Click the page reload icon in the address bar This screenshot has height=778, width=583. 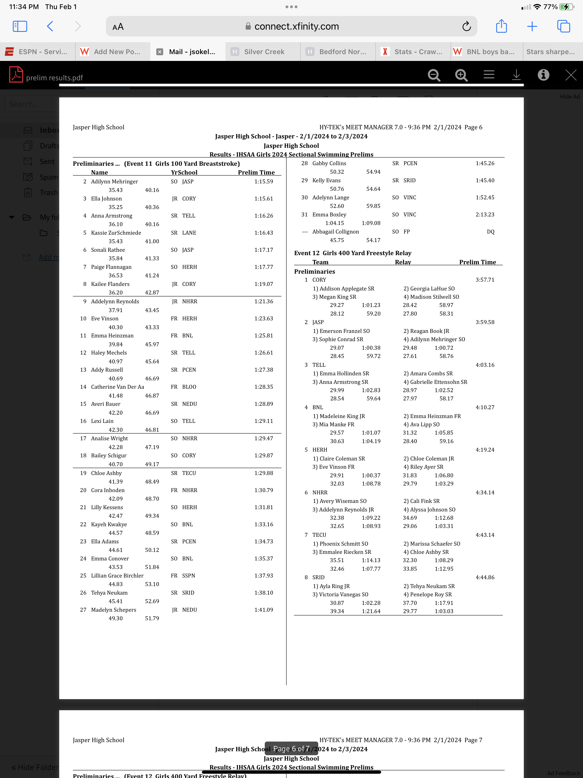pos(466,26)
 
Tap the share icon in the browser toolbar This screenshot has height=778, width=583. pos(501,26)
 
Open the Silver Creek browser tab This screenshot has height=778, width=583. pos(264,52)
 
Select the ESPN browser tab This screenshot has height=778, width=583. pos(37,52)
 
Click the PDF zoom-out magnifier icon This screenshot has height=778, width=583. pos(434,75)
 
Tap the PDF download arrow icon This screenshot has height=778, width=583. pos(516,75)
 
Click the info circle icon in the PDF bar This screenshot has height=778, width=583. pos(543,75)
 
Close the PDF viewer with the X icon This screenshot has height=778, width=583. pos(570,75)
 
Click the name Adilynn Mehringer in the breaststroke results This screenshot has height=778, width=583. pos(114,181)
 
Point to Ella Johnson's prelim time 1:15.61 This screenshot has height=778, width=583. pos(263,199)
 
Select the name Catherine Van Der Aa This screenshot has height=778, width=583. pos(118,387)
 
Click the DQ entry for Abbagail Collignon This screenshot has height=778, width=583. pos(490,232)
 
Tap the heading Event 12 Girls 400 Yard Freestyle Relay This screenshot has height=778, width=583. pos(352,253)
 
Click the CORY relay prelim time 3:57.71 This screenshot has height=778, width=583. pos(485,280)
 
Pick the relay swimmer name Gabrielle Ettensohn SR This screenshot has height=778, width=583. pos(435,382)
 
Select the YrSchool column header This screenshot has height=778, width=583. pos(184,172)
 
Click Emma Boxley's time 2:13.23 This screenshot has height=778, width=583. pos(485,214)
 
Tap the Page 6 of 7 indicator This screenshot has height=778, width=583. pos(291,748)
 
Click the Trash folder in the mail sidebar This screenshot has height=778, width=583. pos(48,193)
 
